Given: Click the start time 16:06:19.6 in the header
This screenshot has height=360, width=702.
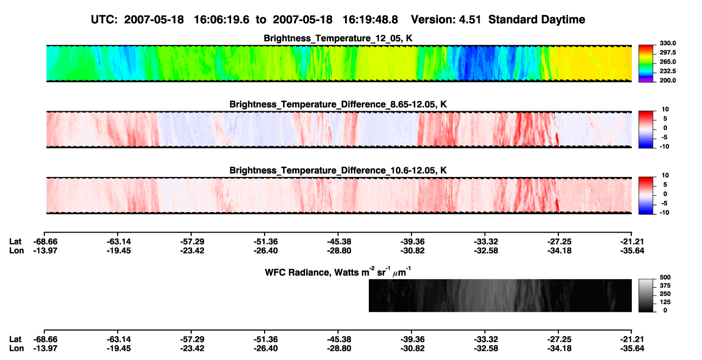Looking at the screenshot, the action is [221, 20].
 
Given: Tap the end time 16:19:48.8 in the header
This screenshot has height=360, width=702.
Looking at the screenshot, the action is [370, 20].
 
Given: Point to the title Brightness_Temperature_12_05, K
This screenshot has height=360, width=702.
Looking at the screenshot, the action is [338, 38].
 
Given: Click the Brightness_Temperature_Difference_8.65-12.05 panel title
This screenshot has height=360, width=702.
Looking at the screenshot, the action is [338, 104].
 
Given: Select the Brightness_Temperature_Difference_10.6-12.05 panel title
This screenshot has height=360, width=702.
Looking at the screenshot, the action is [338, 171].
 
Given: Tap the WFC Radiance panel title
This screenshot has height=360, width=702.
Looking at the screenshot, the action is [338, 272].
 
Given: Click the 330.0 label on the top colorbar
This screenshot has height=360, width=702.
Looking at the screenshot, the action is [667, 43].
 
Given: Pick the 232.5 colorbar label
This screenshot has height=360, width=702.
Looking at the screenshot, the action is [667, 71].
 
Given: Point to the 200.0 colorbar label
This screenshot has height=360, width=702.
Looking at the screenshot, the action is [667, 80].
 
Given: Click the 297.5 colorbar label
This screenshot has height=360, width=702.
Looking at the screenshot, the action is [667, 53].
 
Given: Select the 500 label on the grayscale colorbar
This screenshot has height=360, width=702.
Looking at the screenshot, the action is [665, 277].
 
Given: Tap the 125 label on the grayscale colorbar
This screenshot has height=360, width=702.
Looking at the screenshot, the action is [665, 302].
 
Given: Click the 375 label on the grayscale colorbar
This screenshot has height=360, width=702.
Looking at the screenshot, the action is [665, 286].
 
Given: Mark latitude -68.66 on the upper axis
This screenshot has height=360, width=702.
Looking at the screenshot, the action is [45, 242].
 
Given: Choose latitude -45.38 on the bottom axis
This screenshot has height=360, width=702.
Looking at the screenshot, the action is [339, 339].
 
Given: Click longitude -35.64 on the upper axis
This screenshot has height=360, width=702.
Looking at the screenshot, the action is [632, 251].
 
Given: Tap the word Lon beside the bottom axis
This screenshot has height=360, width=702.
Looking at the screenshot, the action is [16, 349].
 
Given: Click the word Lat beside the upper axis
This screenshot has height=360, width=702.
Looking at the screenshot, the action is [15, 242].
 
